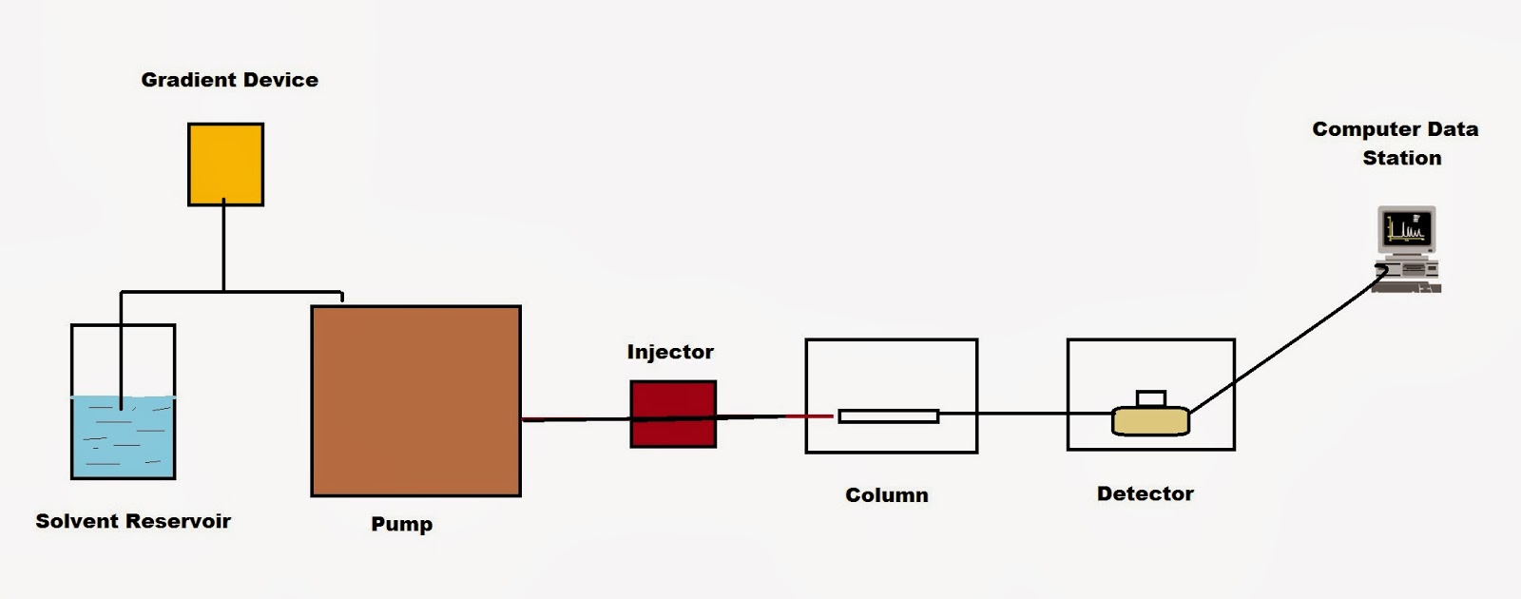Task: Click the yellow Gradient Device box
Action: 225,164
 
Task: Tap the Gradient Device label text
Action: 229,80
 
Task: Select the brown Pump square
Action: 415,400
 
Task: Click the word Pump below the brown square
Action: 401,524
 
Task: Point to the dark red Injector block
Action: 673,414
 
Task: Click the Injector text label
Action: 670,352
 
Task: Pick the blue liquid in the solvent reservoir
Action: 124,437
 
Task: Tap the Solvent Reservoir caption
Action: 133,521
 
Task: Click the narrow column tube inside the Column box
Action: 888,415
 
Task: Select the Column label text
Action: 887,495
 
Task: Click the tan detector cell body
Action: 1150,421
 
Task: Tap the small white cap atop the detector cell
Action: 1150,397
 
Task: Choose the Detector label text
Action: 1145,494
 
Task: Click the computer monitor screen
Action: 1406,229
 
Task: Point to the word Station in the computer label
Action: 1401,158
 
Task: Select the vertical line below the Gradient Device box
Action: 223,247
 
